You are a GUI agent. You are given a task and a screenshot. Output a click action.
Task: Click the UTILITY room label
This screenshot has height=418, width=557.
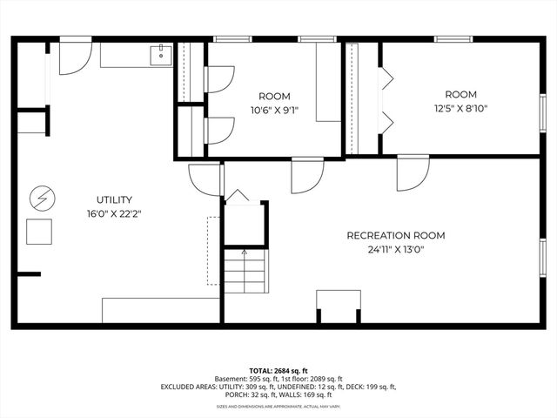(x=114, y=199)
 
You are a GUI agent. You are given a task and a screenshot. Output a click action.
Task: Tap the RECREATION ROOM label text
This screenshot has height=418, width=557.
(x=395, y=235)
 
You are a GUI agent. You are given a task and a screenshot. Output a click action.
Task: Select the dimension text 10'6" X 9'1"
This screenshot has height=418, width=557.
(x=274, y=110)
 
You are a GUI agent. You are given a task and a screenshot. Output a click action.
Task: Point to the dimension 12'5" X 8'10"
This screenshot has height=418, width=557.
(x=460, y=109)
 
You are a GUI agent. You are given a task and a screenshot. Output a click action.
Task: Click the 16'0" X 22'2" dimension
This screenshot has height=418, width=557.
(x=114, y=213)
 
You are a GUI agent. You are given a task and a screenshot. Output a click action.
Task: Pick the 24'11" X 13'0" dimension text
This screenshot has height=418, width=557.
(x=395, y=249)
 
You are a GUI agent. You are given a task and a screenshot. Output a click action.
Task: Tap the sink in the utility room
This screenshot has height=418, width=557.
(x=162, y=55)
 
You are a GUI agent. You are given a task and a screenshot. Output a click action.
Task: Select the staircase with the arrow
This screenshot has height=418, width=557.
(x=245, y=271)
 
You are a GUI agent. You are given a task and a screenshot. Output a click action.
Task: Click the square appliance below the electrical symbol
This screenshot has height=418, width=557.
(x=39, y=233)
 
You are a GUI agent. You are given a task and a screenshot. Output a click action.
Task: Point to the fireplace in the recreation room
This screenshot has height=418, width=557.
(x=338, y=307)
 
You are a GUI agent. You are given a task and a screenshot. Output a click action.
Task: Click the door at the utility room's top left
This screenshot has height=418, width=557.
(x=75, y=57)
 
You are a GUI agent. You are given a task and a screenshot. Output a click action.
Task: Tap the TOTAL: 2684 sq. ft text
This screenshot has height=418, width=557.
(x=278, y=371)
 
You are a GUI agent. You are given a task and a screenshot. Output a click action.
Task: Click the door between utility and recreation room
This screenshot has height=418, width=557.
(x=205, y=179)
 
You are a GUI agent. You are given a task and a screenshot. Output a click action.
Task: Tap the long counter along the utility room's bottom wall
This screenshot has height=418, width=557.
(x=160, y=310)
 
